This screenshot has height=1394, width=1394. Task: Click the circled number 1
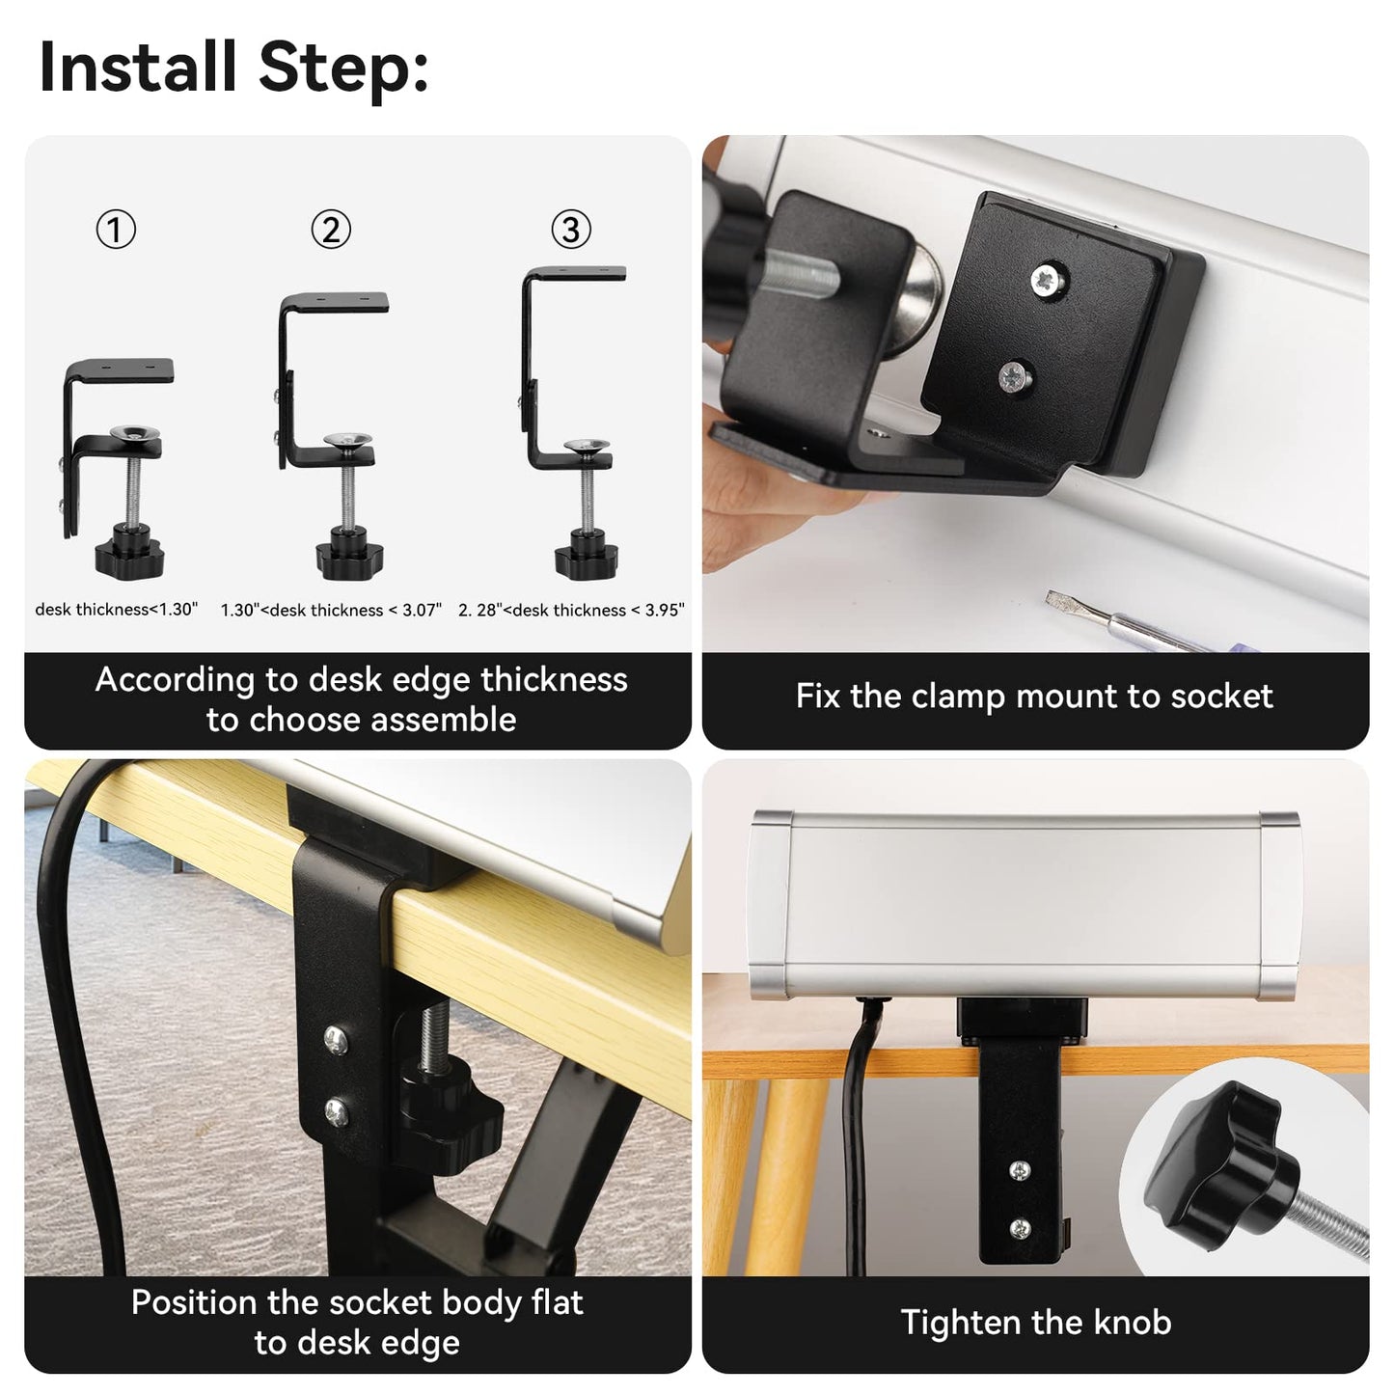click(116, 230)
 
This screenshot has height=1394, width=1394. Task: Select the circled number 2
click(331, 230)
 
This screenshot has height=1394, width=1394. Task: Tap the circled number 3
click(571, 230)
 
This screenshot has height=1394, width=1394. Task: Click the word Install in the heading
click(138, 67)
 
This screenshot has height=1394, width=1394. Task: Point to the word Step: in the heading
click(343, 70)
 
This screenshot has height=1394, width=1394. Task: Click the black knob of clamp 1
click(130, 554)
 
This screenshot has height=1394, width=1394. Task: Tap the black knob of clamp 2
click(349, 554)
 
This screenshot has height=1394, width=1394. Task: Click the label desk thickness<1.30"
click(116, 609)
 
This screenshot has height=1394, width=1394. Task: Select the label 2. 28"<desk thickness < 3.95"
click(571, 610)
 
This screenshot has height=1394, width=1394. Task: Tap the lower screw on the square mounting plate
click(1016, 376)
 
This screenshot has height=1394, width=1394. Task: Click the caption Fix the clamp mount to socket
click(1034, 696)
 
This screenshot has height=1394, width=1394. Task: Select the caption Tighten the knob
click(1036, 1322)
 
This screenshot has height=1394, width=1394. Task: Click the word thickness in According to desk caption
click(554, 679)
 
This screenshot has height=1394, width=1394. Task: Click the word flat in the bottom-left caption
click(557, 1302)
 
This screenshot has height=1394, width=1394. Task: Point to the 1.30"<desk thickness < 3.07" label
click(331, 610)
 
